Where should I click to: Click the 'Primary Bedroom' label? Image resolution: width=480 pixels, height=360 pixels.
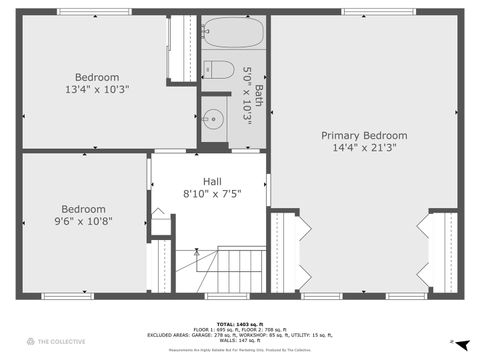point(364,135)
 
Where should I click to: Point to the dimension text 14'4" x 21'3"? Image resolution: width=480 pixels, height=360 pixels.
point(364,148)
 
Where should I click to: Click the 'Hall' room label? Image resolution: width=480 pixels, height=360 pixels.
point(211,180)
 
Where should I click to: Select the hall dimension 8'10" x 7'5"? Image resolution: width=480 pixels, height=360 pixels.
point(211,193)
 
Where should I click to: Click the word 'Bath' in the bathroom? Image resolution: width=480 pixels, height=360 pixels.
point(258,95)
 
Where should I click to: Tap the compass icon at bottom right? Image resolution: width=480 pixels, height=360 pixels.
point(451,342)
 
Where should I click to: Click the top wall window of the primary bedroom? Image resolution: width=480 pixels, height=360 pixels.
point(363,12)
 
